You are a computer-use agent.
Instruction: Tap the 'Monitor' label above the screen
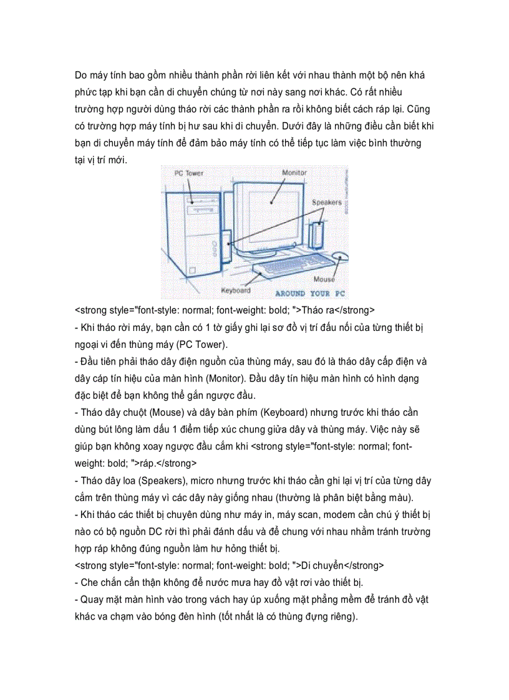294,172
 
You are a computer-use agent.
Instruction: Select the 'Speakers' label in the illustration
327,203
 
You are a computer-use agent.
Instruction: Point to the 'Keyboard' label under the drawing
236,290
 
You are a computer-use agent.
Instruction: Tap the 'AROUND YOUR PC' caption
310,293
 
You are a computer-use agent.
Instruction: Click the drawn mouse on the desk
340,256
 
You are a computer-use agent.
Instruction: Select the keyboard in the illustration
293,266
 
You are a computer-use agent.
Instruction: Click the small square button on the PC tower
193,270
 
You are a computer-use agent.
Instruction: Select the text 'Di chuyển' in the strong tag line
323,566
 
